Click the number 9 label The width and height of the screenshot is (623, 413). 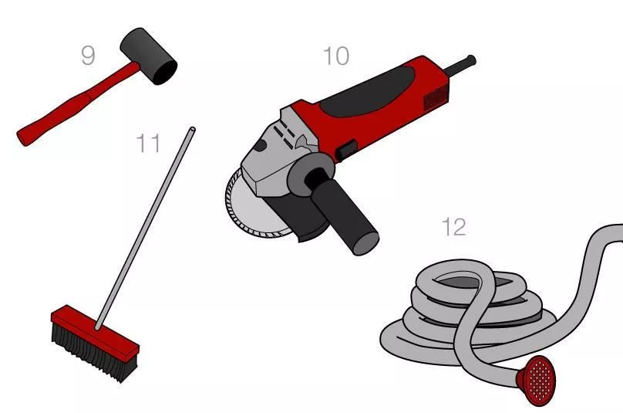(x=88, y=56)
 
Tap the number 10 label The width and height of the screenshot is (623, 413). (x=336, y=56)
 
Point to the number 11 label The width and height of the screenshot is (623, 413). (x=148, y=144)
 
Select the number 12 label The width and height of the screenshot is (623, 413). (x=453, y=227)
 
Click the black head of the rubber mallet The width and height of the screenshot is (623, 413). (x=149, y=56)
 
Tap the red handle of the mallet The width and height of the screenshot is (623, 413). (x=76, y=106)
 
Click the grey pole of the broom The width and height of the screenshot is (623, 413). (x=145, y=228)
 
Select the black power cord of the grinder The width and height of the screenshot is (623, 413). (x=461, y=66)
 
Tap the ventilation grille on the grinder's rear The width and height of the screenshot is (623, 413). (x=436, y=97)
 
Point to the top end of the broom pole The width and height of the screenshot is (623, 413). (x=193, y=130)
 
